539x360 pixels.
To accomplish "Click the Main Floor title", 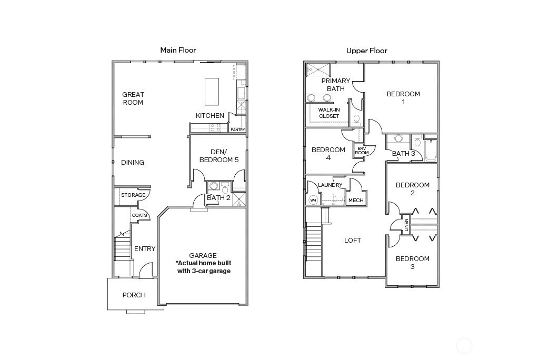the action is (178, 50).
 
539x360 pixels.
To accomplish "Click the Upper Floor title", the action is (367, 51).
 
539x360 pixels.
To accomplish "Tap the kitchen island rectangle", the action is (212, 92).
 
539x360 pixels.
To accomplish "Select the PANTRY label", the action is (238, 129).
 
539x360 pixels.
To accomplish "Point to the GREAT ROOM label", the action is (133, 98).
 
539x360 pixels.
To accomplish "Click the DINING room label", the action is (132, 162).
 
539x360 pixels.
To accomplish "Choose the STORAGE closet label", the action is (133, 195).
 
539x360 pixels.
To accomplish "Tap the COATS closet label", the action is (139, 215).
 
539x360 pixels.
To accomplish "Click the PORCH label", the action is (134, 295).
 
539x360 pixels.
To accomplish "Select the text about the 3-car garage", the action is (204, 267).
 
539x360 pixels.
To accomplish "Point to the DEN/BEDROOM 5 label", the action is (219, 156).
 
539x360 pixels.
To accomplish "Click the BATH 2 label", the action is (218, 198).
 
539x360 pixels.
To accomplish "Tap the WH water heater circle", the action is (313, 200).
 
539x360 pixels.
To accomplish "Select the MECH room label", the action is (356, 201).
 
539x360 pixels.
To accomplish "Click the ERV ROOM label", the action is (362, 151).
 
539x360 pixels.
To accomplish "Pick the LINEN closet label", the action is (406, 225).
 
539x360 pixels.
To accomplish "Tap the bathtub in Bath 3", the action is (431, 151).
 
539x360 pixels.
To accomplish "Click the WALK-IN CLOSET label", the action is (329, 113).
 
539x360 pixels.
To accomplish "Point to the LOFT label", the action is (353, 241).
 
